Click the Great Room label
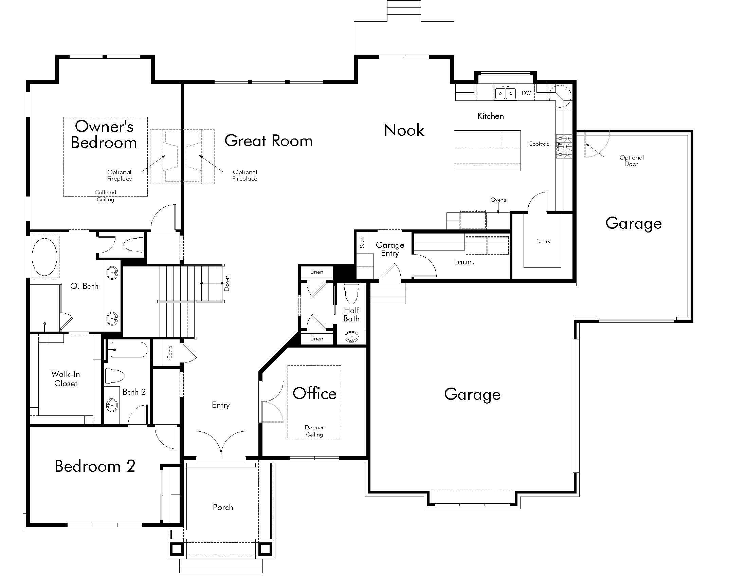[x=269, y=141]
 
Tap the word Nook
[x=404, y=130]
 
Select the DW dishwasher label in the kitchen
[x=526, y=93]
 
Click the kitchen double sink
[x=505, y=93]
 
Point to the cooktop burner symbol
[x=564, y=147]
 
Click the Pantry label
[x=543, y=241]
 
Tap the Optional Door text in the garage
[x=632, y=161]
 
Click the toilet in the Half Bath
[x=351, y=293]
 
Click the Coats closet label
[x=170, y=352]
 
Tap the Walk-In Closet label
[x=65, y=379]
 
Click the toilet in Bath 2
[x=114, y=376]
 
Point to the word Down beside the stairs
[x=227, y=283]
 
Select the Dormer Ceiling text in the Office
[x=314, y=431]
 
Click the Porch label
[x=223, y=507]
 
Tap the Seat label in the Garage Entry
[x=362, y=243]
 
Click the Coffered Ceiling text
[x=105, y=196]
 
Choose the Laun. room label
[x=464, y=262]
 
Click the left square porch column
[x=177, y=548]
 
